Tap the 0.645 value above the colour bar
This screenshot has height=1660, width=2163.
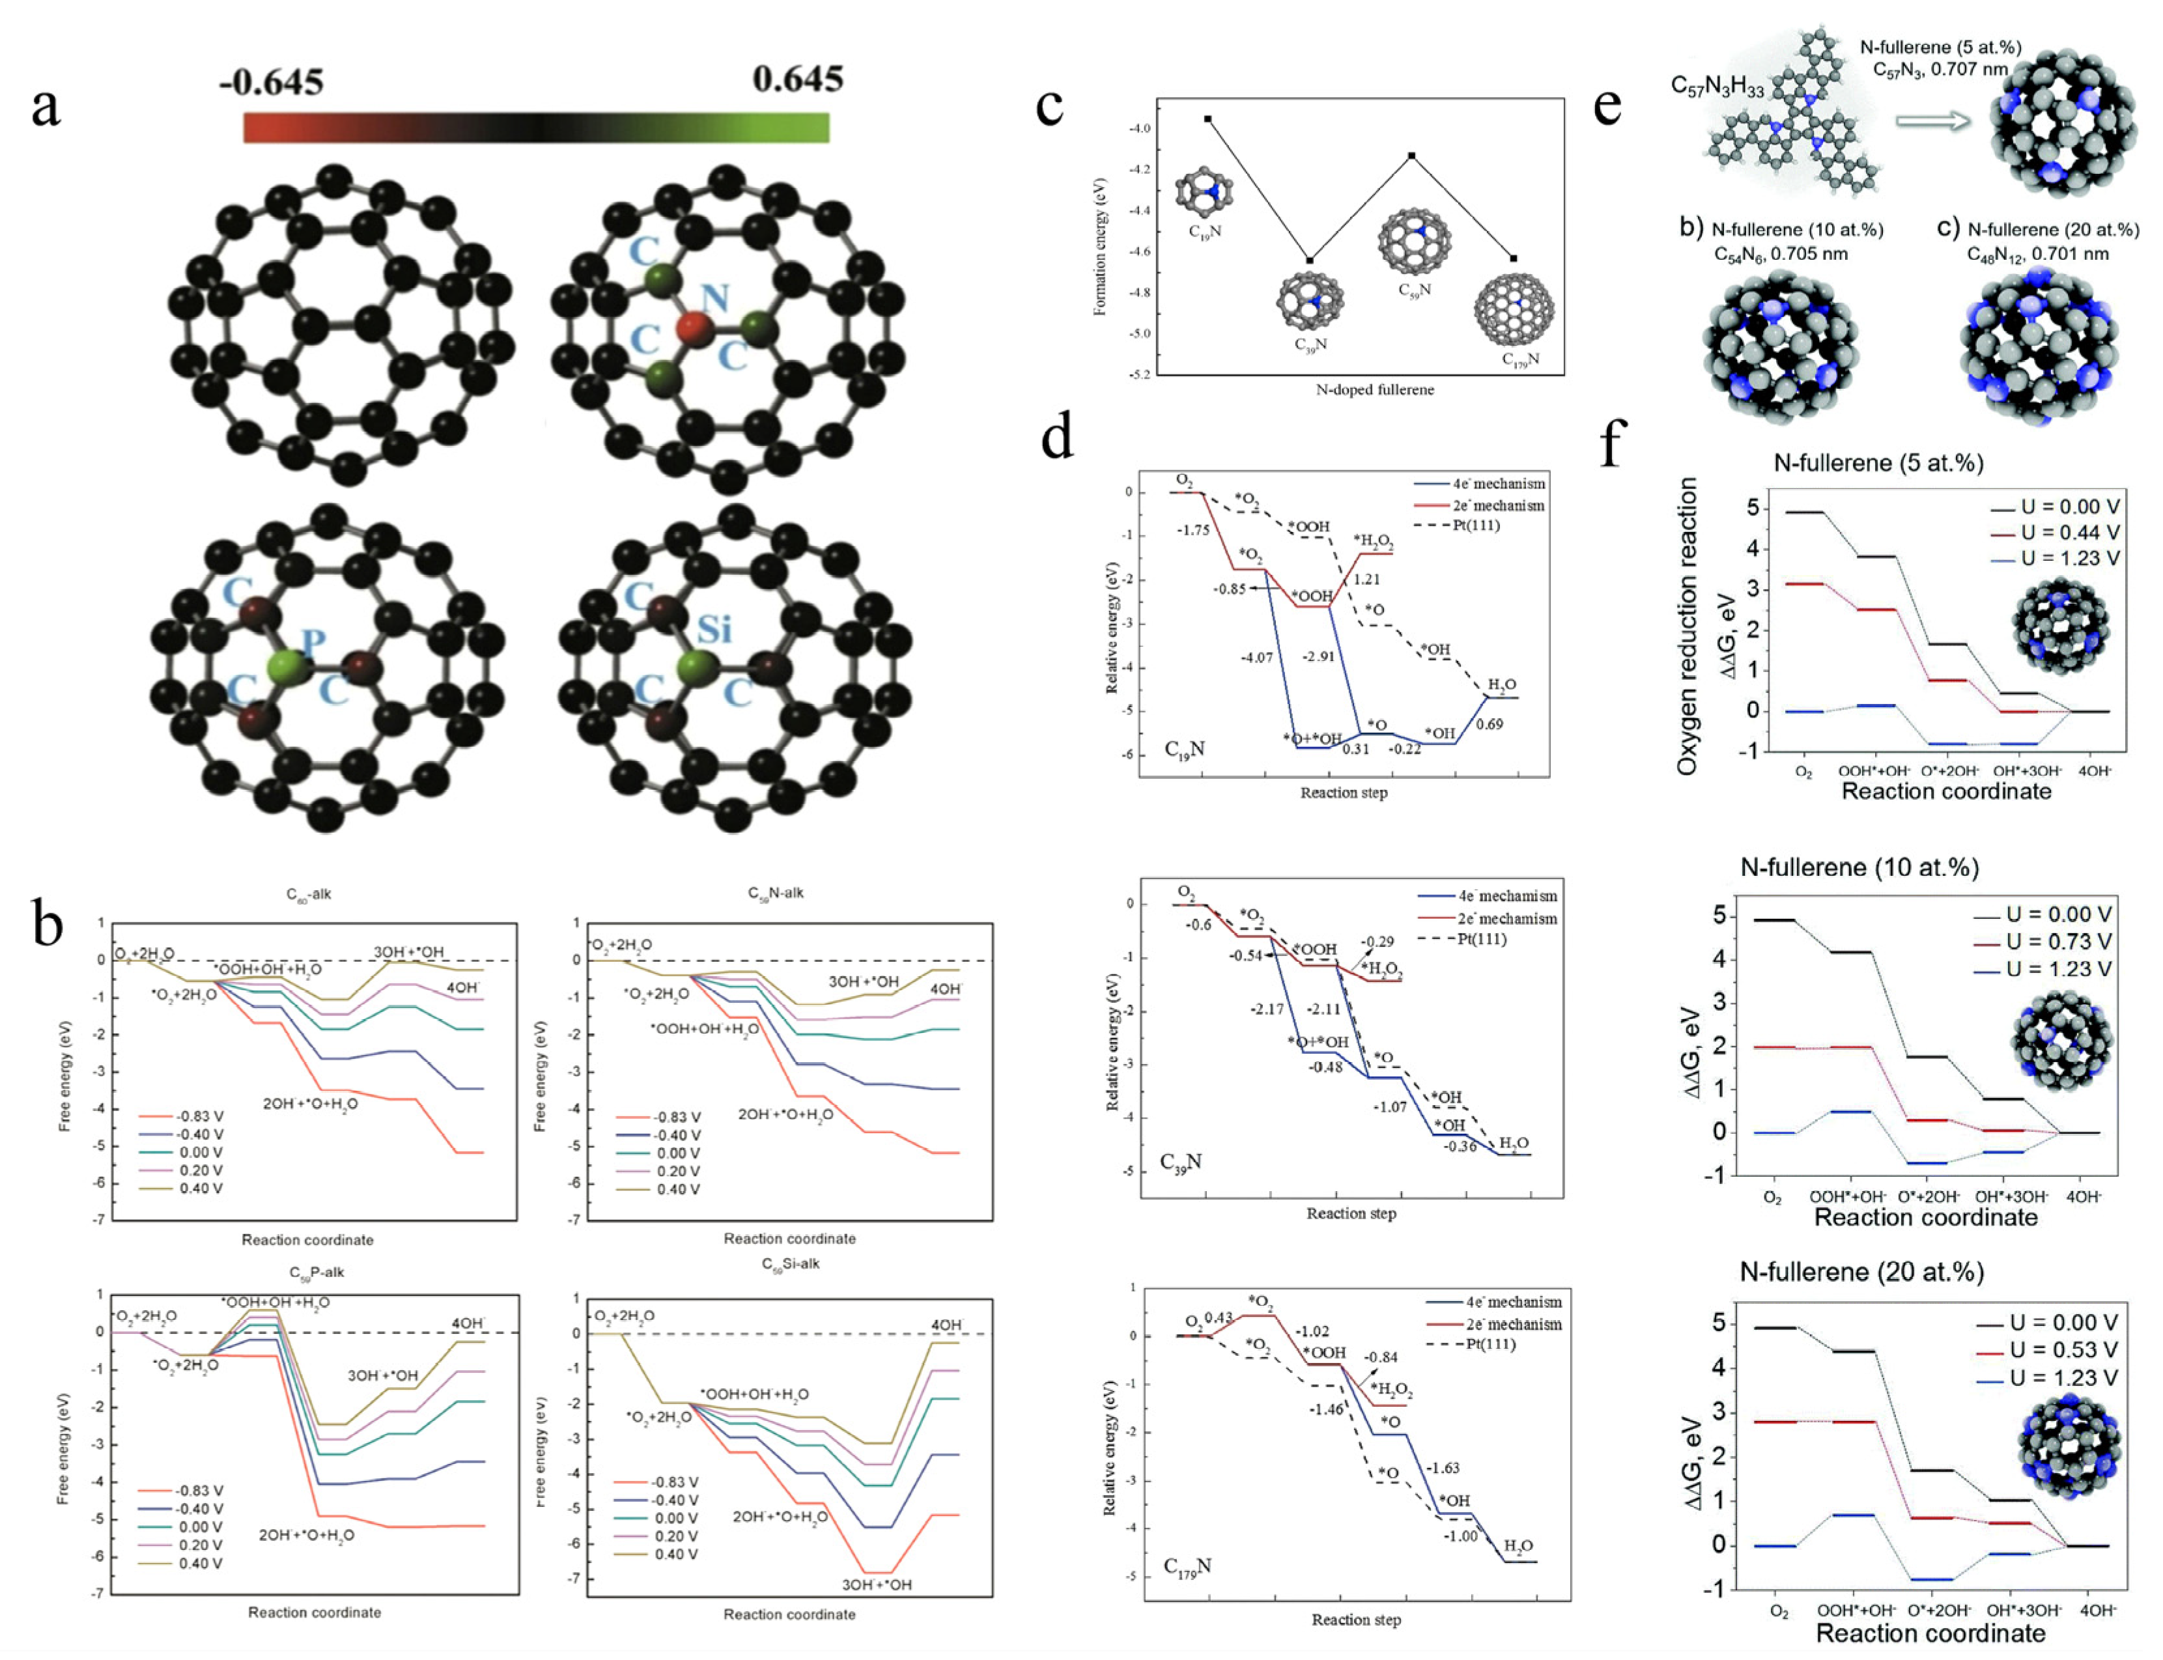tap(797, 78)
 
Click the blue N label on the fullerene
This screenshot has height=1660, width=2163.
tap(714, 298)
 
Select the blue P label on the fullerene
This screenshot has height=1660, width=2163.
tap(313, 642)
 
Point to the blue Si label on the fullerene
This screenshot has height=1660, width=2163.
tap(713, 628)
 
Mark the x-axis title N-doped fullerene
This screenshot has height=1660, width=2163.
tap(1374, 389)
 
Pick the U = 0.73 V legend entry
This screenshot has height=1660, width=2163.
tap(2057, 942)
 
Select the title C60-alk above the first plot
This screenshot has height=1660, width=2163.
tap(308, 894)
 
